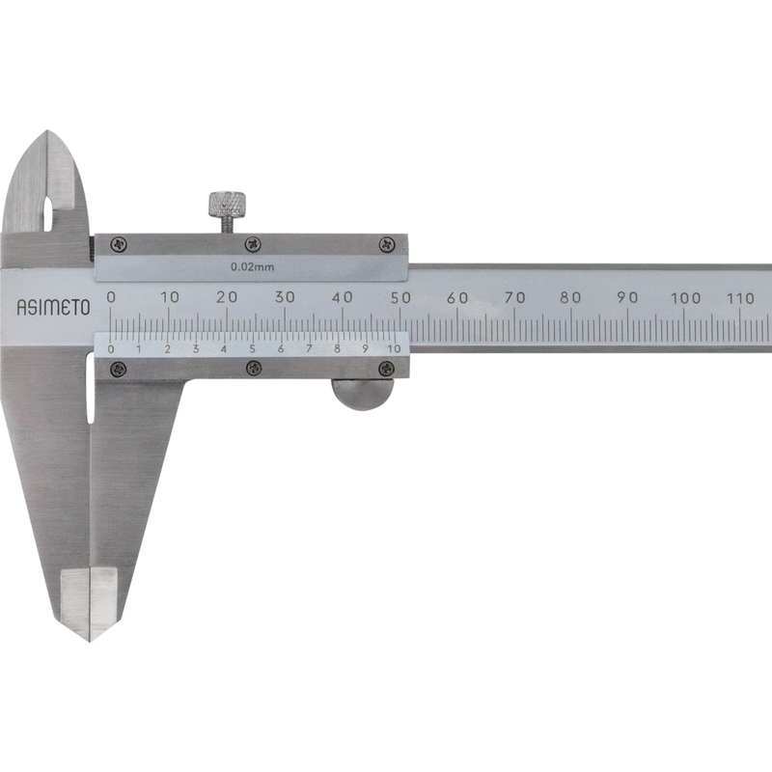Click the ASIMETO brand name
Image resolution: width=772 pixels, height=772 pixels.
click(54, 307)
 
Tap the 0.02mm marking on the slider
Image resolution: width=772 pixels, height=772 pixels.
click(253, 267)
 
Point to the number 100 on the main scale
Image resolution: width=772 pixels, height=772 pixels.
click(686, 298)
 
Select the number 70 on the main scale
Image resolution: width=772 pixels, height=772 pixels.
click(514, 297)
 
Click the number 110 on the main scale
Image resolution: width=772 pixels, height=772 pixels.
click(741, 298)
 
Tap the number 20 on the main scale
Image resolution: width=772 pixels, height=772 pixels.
click(227, 297)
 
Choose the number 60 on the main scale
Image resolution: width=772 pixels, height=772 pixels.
click(457, 297)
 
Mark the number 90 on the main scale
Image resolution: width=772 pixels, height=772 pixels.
click(628, 297)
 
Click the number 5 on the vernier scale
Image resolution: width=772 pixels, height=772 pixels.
click(253, 349)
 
